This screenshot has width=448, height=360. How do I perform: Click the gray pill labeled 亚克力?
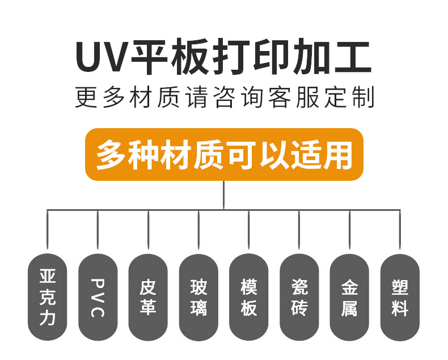coord(47,297)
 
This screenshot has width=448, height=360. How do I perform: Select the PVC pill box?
coord(98,297)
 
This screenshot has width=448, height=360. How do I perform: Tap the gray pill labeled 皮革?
coord(148,297)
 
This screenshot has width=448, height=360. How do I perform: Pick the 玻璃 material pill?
coord(198,297)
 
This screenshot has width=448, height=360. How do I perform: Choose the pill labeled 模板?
coord(249,297)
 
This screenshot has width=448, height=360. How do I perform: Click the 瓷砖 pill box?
coord(299,297)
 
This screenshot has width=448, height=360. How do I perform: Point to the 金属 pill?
coord(349,297)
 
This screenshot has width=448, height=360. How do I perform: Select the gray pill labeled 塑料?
coord(400,297)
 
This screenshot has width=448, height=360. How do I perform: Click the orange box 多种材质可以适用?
coord(223,154)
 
